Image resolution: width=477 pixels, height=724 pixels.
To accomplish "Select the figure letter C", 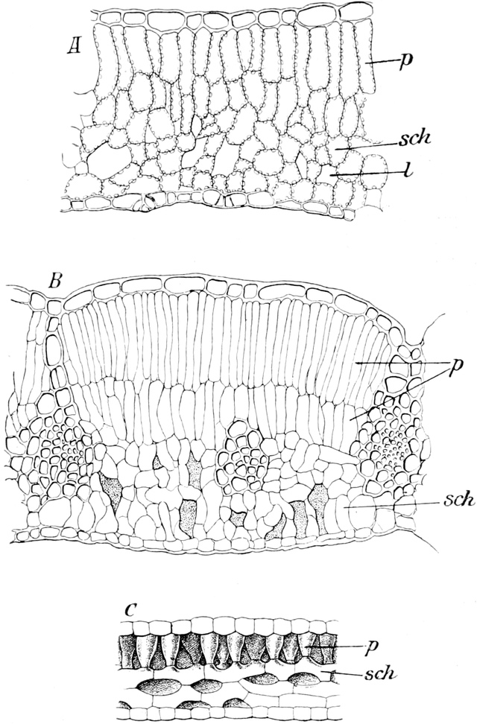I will [x=130, y=608].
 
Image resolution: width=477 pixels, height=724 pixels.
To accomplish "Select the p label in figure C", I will [x=370, y=647].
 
